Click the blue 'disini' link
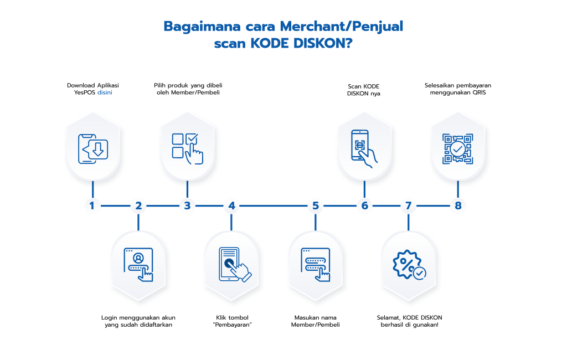pyautogui.click(x=105, y=92)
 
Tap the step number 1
pyautogui.click(x=92, y=206)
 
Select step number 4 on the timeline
pyautogui.click(x=232, y=206)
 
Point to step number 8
pyautogui.click(x=458, y=206)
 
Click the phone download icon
pyautogui.click(x=93, y=148)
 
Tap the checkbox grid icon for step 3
pyautogui.click(x=187, y=148)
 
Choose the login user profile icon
pyautogui.click(x=138, y=265)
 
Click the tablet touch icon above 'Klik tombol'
pyautogui.click(x=235, y=265)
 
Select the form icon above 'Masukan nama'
pyautogui.click(x=315, y=265)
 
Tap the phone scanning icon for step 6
pyautogui.click(x=364, y=148)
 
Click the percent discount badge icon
pyautogui.click(x=409, y=265)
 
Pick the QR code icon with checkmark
pyautogui.click(x=458, y=148)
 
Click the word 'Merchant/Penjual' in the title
pyautogui.click(x=341, y=27)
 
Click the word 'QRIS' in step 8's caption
pyautogui.click(x=479, y=92)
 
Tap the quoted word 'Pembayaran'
pyautogui.click(x=232, y=325)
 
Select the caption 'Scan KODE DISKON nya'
pyautogui.click(x=364, y=90)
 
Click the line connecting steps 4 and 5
pyautogui.click(x=274, y=206)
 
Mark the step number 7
pyautogui.click(x=409, y=206)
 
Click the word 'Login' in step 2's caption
pyautogui.click(x=109, y=318)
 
